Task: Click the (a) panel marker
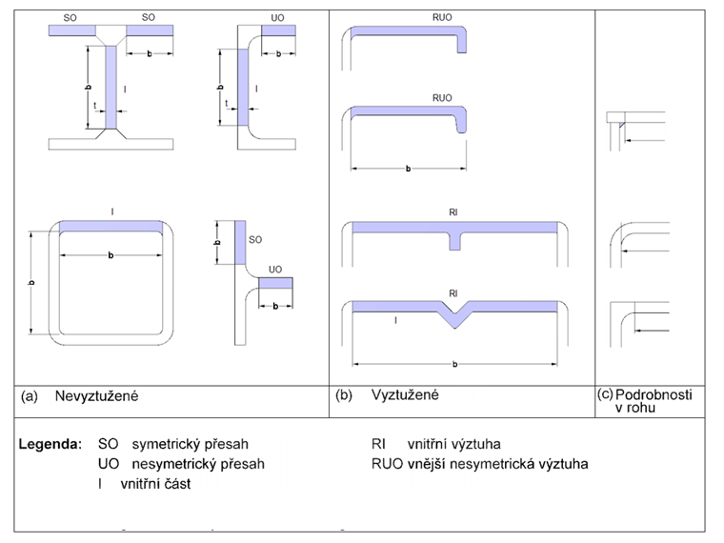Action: tap(30, 394)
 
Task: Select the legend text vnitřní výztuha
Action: tap(453, 444)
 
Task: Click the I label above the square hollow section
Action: tap(112, 209)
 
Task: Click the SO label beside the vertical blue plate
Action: tap(254, 241)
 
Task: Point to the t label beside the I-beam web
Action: tap(94, 105)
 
